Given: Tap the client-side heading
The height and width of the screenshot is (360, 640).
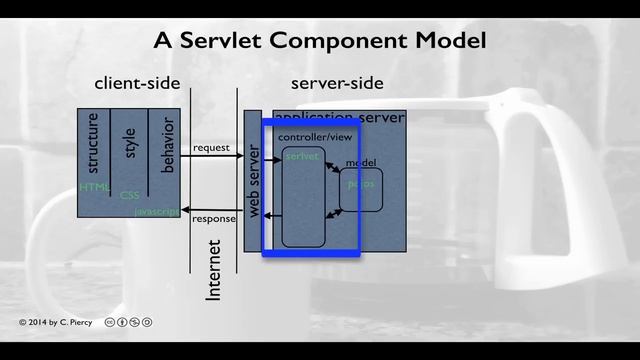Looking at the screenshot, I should pos(135,84).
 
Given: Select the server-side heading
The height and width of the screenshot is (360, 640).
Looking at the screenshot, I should pos(337,84).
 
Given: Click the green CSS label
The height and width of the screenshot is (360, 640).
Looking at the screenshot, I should pos(130,196).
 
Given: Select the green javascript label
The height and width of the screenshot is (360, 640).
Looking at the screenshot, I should pos(157,212).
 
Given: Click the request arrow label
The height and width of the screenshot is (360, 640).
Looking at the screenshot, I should pos(211,148).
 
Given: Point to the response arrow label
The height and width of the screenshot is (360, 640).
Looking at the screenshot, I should pos(213,218).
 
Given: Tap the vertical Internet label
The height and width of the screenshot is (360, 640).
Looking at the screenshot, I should pos(213,272).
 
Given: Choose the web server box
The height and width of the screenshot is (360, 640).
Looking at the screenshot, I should pos(253,181).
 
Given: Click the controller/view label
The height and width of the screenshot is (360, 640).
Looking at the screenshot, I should pos(309,136).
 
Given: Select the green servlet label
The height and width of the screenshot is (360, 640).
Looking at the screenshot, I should pos(301,157).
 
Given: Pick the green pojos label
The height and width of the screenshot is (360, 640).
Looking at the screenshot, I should pos(360,184).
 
